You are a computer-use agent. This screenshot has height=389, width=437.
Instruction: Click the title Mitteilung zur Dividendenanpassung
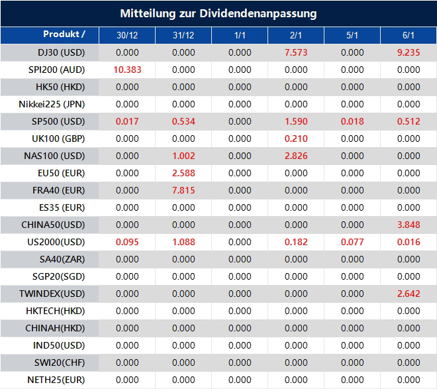coord(218,13)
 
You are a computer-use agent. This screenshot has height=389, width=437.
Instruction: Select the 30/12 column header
coord(127,35)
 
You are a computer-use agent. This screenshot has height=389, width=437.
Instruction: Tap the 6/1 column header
coord(409,35)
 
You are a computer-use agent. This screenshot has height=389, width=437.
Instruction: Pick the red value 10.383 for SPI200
coord(127,70)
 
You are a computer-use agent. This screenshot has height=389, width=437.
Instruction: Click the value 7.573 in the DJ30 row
coord(296,52)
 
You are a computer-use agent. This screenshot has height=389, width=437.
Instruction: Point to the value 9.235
coord(409,52)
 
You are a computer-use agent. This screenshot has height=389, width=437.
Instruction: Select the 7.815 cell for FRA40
coord(183,190)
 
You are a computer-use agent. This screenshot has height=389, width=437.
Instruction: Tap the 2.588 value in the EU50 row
coord(183,173)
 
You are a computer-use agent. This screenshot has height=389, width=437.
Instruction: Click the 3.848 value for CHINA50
coord(409,225)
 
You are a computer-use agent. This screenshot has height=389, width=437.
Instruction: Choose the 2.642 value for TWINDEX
coord(409,294)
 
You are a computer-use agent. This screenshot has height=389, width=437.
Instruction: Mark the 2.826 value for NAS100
coord(296,156)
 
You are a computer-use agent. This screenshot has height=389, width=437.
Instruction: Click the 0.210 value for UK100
coord(296,139)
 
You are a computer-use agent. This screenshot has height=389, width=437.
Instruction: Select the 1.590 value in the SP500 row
coord(296,121)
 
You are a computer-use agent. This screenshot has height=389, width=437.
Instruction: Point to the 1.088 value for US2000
coord(183,242)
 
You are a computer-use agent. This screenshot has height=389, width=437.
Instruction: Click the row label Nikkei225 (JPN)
coord(52,104)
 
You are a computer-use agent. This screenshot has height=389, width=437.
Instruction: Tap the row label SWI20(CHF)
coord(60,362)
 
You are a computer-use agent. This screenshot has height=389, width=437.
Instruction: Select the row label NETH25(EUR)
coord(56,380)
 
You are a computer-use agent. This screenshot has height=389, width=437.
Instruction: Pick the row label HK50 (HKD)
coord(60,87)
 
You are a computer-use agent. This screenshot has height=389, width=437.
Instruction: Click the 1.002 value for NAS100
coord(183,156)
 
